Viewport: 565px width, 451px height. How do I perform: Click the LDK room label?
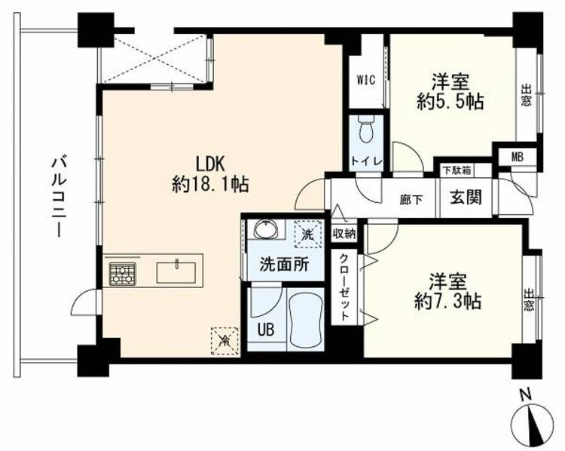(210, 164)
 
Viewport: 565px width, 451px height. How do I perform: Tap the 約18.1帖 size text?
(210, 185)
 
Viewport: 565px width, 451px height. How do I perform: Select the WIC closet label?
(366, 80)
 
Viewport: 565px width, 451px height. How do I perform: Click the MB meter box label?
(518, 157)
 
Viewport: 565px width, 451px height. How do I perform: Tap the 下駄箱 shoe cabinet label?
(457, 170)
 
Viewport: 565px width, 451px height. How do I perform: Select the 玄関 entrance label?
(466, 198)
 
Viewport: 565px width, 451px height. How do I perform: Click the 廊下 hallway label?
(411, 200)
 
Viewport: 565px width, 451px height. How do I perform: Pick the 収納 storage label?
(344, 234)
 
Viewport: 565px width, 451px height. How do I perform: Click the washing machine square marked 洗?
(308, 234)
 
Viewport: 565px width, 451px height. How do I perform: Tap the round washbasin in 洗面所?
(266, 229)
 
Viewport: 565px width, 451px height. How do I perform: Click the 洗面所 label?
(285, 265)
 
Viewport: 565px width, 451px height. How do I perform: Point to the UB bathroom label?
(266, 330)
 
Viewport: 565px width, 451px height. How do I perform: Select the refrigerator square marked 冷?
(224, 341)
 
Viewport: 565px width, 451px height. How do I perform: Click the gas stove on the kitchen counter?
(123, 274)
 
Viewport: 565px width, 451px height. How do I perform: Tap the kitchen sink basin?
(176, 272)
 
